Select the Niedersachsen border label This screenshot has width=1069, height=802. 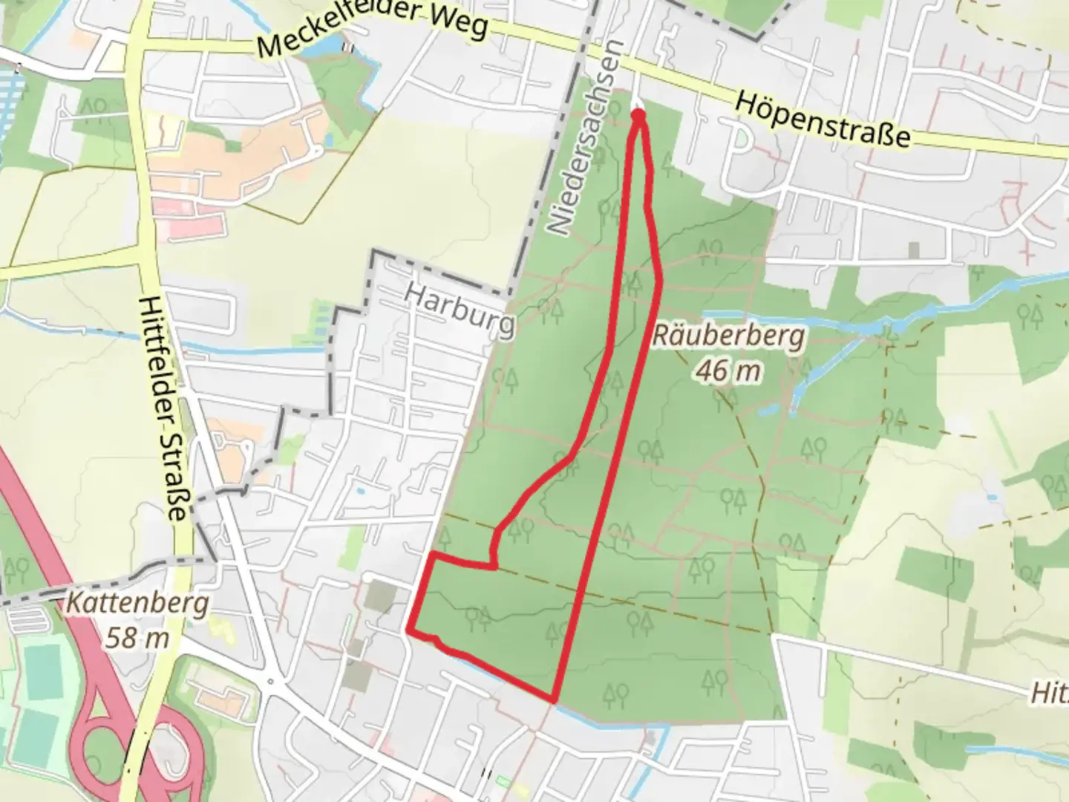583,137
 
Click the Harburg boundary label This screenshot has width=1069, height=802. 460,311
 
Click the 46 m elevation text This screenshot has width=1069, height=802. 728,370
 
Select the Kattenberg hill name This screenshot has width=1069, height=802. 137,603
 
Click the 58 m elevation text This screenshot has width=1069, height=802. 137,637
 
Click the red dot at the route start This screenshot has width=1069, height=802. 638,114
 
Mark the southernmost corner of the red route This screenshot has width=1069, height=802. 554,699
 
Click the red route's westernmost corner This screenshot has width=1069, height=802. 409,630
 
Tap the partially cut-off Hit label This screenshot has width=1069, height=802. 1048,694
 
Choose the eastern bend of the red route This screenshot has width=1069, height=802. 660,280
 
